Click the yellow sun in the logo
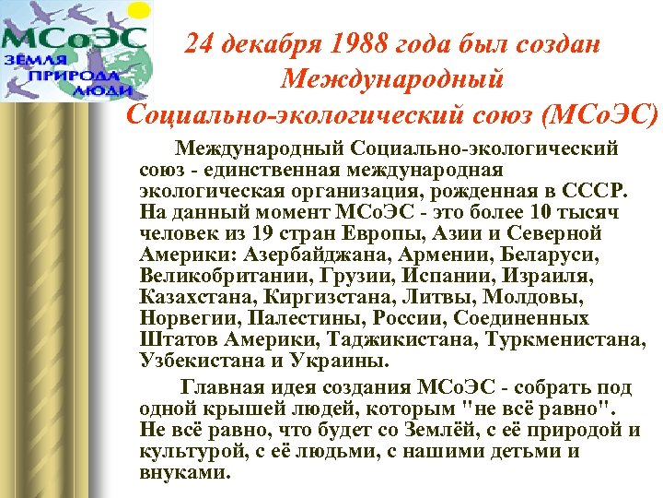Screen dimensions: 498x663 tap(139, 13)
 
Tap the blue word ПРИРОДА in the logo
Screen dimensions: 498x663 tap(82, 75)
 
